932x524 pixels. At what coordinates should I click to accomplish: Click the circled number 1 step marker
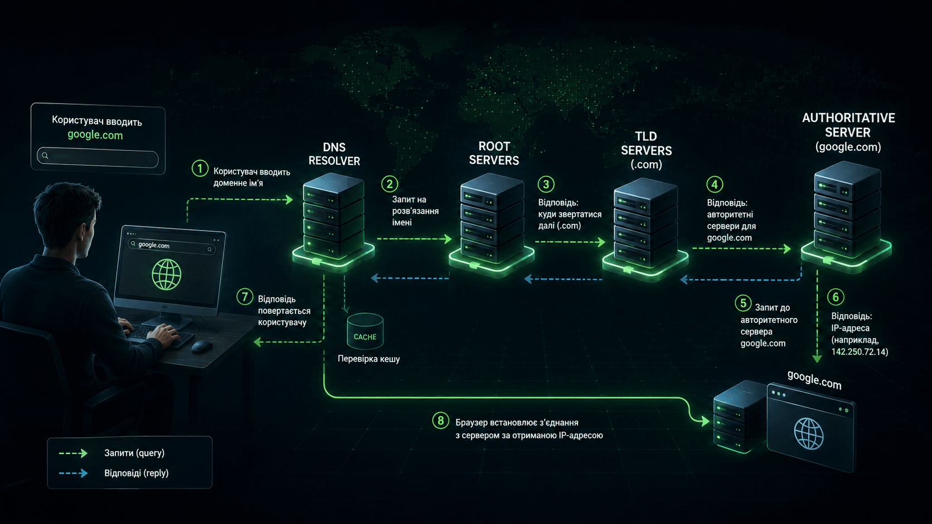[200, 169]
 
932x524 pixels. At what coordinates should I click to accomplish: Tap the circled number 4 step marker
[715, 184]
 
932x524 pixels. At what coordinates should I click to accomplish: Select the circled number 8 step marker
[440, 420]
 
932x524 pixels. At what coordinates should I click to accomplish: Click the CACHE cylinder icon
[365, 331]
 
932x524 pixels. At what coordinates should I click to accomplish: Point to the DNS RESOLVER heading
[334, 154]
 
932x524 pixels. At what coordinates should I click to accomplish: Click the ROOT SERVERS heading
[494, 153]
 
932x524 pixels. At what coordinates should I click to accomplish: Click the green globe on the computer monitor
[167, 275]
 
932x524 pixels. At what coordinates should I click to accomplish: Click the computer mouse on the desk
[202, 346]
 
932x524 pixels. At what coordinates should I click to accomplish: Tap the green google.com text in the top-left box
[95, 135]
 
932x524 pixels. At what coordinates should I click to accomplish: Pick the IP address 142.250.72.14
[859, 352]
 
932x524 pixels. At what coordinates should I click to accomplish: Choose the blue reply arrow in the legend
[73, 473]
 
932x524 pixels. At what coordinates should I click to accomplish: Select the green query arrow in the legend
[73, 453]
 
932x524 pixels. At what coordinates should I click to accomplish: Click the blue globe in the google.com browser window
[808, 434]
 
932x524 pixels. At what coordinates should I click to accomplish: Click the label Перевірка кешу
[368, 359]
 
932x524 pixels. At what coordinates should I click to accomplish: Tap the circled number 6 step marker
[836, 297]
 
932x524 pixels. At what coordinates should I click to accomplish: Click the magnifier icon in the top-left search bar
[45, 156]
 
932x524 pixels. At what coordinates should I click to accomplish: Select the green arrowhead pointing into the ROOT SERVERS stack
[448, 239]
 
